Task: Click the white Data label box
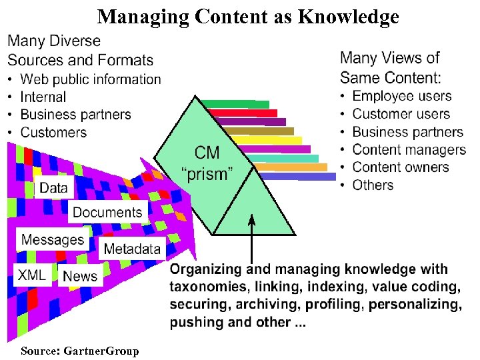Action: [53, 187]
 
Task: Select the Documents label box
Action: [107, 212]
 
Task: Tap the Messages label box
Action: [53, 239]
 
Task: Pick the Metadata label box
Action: [132, 249]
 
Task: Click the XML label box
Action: [31, 275]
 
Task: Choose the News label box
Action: [80, 275]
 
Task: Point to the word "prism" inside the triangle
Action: [207, 175]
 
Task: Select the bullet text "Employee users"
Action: [401, 97]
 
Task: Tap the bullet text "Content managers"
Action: [409, 149]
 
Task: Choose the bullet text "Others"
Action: [373, 185]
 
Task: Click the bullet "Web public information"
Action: [91, 79]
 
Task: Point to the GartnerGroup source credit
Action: [80, 351]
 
